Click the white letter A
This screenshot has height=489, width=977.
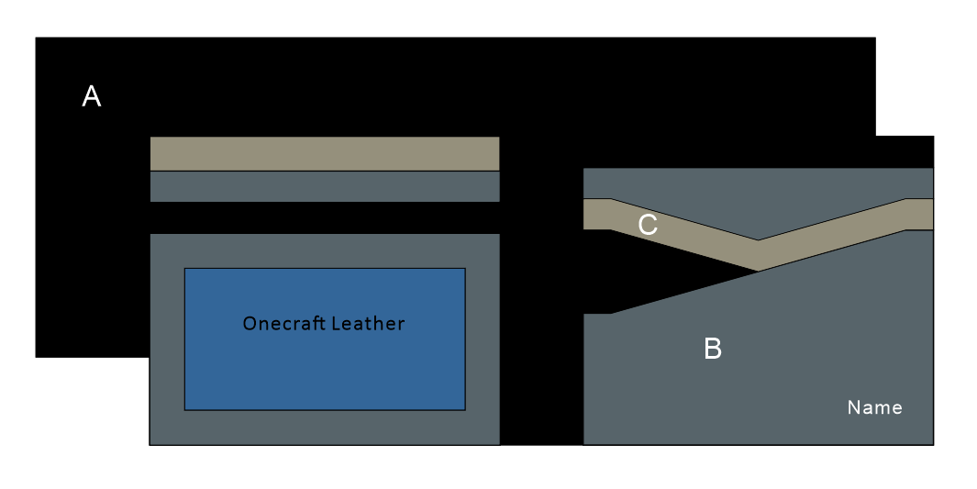coord(92,96)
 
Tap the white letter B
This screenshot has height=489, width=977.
coord(712,349)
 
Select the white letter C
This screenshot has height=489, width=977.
coord(648,225)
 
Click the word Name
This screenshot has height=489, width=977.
coord(874,407)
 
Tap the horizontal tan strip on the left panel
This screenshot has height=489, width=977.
coord(324,153)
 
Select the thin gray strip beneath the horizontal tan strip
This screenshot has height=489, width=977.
coord(324,186)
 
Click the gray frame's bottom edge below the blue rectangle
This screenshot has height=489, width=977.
coord(324,428)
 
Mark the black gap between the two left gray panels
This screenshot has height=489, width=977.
coord(324,217)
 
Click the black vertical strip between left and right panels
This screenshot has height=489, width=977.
coord(541,303)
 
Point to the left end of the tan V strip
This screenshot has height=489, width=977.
coord(596,214)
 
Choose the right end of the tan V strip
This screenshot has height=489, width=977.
coord(920,214)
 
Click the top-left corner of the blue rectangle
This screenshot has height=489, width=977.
coord(185,269)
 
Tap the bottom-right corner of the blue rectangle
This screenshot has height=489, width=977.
coord(464,409)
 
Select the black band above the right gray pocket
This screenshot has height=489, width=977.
coord(758,152)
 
